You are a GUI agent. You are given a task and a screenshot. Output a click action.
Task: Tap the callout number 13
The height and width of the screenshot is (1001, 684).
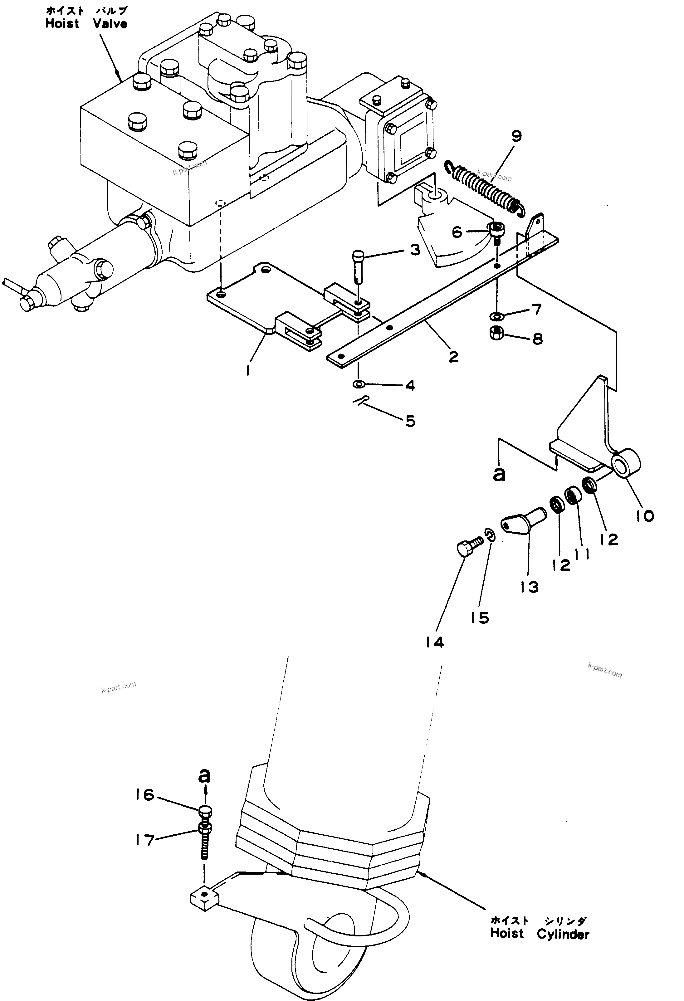[529, 587]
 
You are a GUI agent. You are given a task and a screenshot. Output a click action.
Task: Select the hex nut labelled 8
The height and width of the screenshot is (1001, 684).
[497, 333]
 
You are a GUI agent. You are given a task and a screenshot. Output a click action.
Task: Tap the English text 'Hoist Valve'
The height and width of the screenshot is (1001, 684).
[86, 24]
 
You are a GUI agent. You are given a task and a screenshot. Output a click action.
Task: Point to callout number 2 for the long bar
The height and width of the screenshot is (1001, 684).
[453, 357]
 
